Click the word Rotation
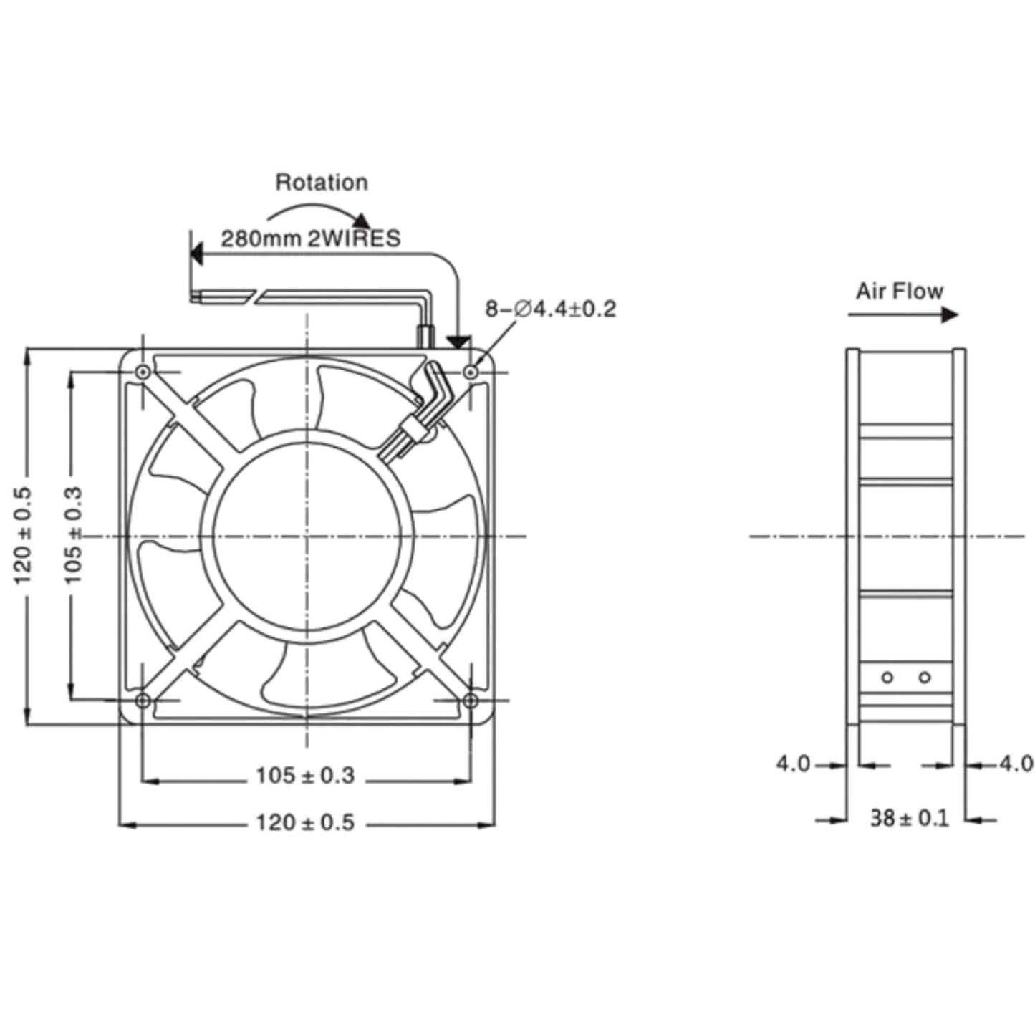point(321,183)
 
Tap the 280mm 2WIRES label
point(311,239)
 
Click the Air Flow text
point(899,291)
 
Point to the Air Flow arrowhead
point(950,315)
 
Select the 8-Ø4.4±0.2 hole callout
point(551,309)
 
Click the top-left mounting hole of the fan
point(143,372)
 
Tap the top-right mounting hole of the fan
point(471,372)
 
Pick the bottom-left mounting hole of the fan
point(143,701)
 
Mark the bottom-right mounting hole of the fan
point(471,701)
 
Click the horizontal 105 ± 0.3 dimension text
point(305,776)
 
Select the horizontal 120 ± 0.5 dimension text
point(305,822)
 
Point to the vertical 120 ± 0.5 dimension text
point(22,536)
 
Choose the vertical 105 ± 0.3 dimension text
point(73,535)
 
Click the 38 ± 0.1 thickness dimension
point(910,819)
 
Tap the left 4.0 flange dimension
point(793,764)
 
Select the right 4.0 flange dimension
point(1016,764)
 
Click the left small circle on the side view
point(887,678)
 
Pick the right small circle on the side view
point(925,678)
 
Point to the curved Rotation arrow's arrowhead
point(362,221)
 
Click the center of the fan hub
point(307,536)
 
